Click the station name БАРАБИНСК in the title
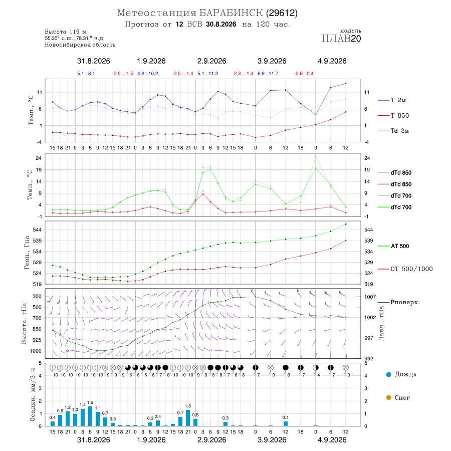[x=231, y=13]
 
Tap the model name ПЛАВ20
[x=341, y=39]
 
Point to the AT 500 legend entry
[x=393, y=246]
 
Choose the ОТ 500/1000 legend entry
[x=405, y=269]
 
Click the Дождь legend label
[x=405, y=374]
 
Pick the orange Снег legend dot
[x=388, y=397]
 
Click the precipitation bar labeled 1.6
[x=90, y=416]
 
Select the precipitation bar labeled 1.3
[x=188, y=418]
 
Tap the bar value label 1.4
[x=83, y=405]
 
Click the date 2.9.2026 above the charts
[x=211, y=61]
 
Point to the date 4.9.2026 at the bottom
[x=332, y=440]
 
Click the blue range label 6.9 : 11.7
[x=268, y=74]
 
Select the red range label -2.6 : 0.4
[x=304, y=74]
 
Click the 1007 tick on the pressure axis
[x=370, y=297]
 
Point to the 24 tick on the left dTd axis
[x=38, y=158]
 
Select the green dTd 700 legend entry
[x=394, y=207]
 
